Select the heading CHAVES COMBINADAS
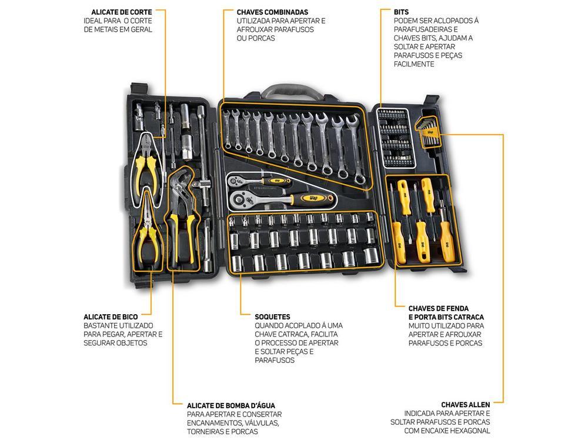[x=272, y=12]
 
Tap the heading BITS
[x=402, y=12]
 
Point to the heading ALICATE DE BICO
[x=111, y=317]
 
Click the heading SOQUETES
[x=272, y=317]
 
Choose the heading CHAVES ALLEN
[x=465, y=405]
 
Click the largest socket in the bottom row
[x=370, y=256]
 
